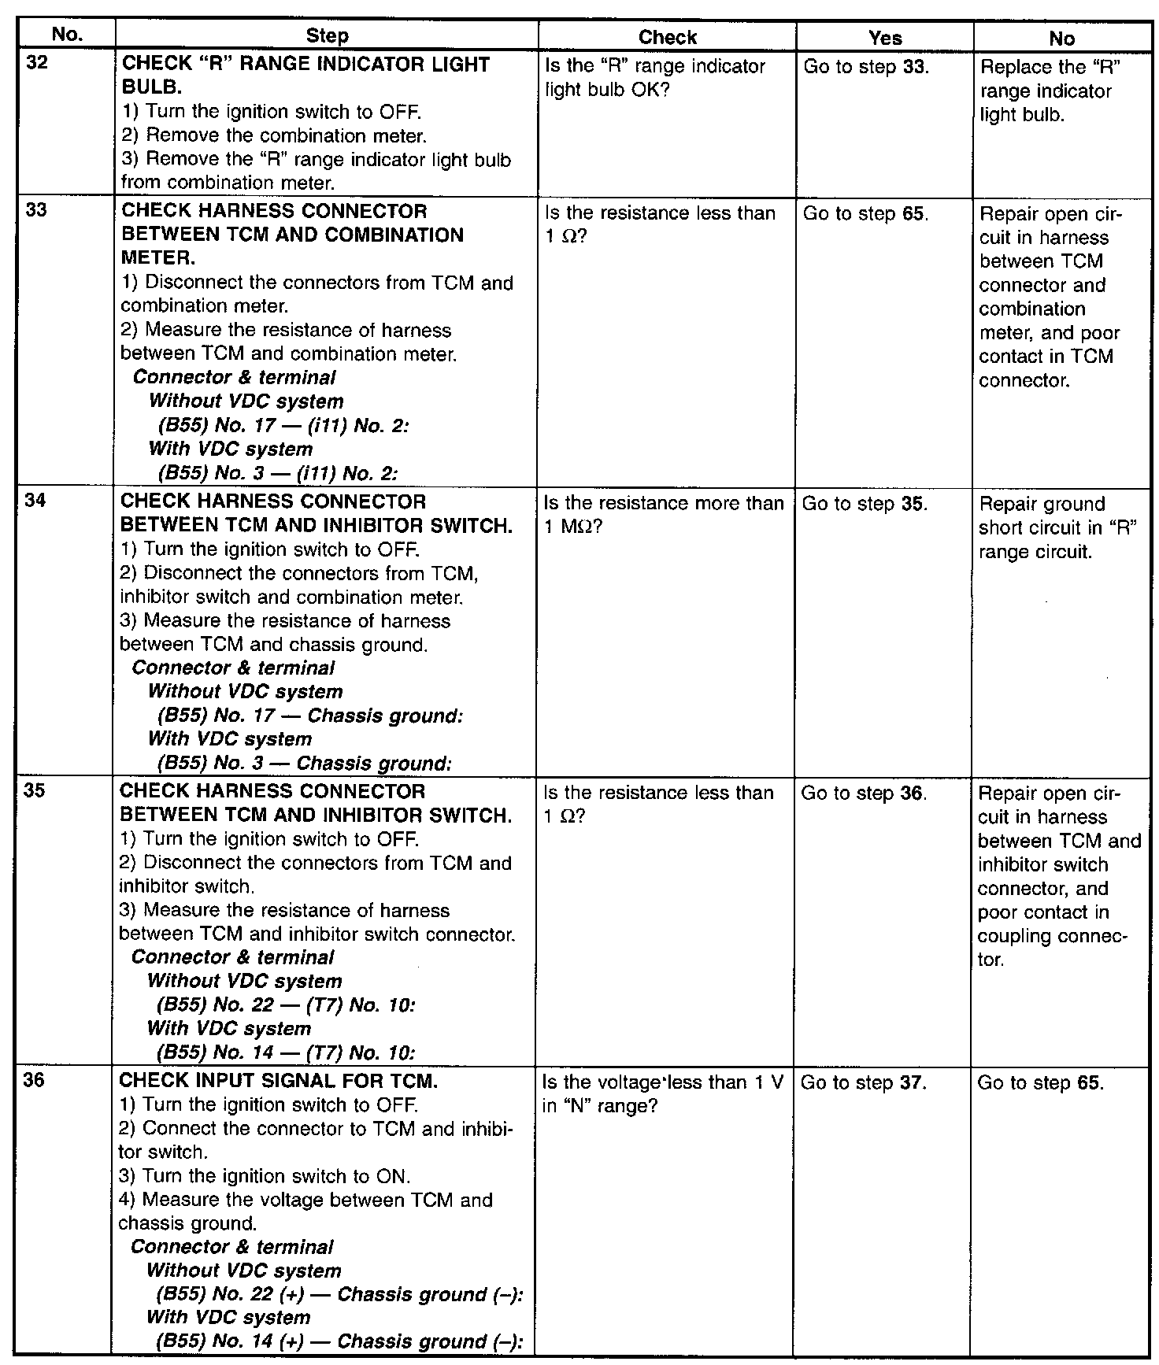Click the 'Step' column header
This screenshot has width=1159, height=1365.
tap(327, 36)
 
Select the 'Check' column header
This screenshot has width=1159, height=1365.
tap(667, 37)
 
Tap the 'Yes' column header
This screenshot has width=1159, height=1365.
tap(885, 38)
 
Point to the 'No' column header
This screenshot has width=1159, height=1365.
tap(1061, 38)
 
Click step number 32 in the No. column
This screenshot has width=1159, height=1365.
tap(37, 63)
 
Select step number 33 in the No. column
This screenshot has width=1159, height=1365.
tap(37, 211)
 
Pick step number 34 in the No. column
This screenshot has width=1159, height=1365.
tap(37, 501)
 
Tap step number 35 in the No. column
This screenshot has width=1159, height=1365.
tap(37, 791)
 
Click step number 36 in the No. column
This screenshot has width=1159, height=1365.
tap(37, 1081)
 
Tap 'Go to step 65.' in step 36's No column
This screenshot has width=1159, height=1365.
tap(1040, 1083)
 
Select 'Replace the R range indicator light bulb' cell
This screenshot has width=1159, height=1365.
tap(1050, 91)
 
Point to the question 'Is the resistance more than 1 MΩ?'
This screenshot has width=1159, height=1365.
tap(664, 515)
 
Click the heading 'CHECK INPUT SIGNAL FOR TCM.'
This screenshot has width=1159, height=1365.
tap(278, 1081)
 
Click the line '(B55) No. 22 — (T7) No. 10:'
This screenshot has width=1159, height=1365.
tap(286, 1005)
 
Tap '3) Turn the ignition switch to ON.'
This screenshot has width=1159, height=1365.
tap(265, 1176)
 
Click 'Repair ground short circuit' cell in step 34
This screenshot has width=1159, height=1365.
tap(1058, 527)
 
